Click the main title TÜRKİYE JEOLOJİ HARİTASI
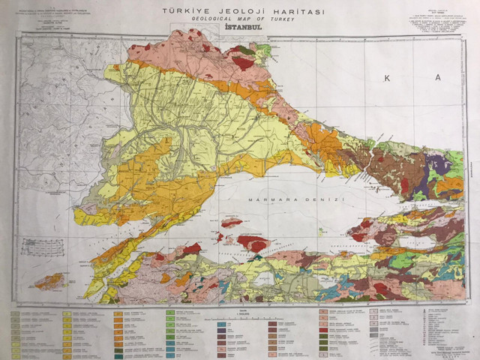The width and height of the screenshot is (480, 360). point(239,11)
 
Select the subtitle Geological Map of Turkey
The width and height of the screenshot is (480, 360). point(239,19)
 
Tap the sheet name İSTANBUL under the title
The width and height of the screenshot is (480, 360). point(239,28)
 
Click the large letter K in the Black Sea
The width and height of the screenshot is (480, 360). point(387,78)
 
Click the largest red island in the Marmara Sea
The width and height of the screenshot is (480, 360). point(253,243)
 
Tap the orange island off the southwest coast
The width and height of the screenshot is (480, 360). point(48,281)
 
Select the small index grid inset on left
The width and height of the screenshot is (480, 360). point(41,247)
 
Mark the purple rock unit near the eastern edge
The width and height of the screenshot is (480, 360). point(438,164)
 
